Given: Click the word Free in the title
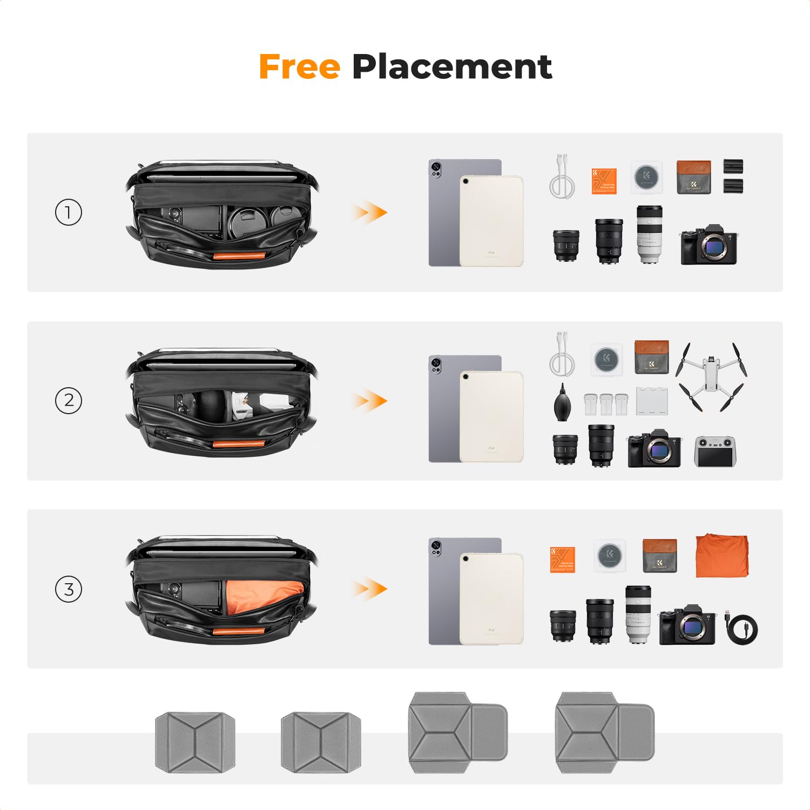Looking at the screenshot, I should pos(299,67).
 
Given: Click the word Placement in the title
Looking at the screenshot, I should pos(451,67).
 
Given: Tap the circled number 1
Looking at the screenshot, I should pos(69,212).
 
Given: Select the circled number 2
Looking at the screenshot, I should pos(69,401).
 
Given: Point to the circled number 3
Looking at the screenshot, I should pos(69,589).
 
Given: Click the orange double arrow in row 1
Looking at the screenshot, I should pos(370,212).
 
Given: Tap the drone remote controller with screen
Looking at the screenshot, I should pos(715,451).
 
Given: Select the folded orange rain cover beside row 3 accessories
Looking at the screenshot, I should pos(722,555).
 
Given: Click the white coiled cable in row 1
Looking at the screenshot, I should pos(562,178).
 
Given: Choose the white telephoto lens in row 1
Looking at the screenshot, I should pos(649,234).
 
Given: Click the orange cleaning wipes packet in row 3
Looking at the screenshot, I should pos(562,559).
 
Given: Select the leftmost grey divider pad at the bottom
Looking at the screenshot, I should pos(195,742).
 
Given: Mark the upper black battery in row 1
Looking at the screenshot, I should pos(733,166).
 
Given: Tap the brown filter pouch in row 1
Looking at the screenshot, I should pos(693,177).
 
